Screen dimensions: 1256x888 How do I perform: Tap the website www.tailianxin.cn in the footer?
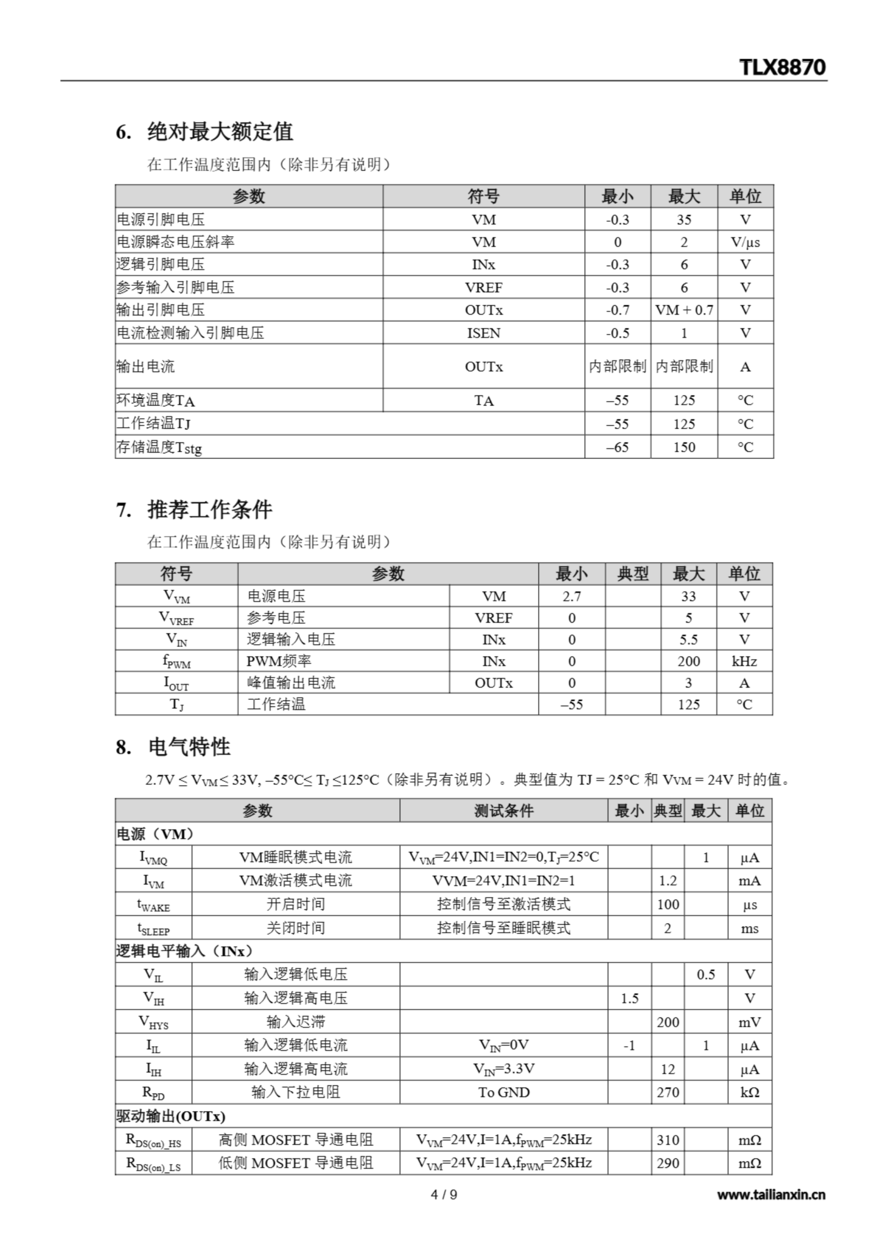771,1195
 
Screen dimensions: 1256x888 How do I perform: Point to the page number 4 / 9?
444,1195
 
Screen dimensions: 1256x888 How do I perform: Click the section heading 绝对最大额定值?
220,132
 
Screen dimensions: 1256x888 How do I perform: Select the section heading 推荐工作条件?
209,510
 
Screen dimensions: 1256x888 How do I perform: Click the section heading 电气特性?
189,747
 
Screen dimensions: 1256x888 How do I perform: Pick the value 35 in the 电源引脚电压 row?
684,219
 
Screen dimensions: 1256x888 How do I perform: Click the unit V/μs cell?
745,242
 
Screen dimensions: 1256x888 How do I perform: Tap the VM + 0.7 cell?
684,310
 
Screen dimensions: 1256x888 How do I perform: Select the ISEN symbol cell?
483,333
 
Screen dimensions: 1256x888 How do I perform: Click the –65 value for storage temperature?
617,447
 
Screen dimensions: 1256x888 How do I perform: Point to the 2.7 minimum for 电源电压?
571,596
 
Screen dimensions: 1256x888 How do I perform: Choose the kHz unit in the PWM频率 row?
744,661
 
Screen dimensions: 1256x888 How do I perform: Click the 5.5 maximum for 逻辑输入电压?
688,639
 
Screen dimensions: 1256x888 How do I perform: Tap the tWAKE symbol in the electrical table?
153,905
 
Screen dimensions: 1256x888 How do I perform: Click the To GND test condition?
504,1093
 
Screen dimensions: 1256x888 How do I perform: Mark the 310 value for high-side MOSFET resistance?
668,1140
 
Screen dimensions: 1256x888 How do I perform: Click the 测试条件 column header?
504,811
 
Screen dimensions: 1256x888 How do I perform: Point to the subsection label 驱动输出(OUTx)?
171,1116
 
